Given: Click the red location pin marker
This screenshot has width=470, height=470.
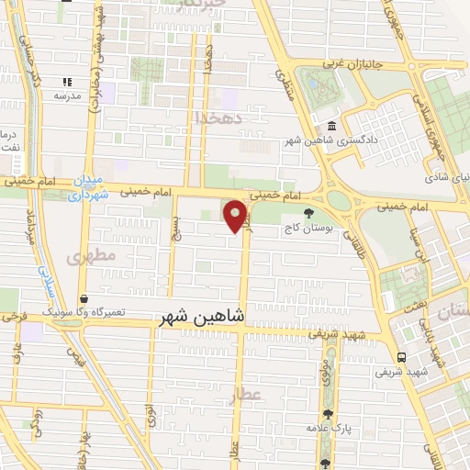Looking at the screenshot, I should click(x=236, y=216).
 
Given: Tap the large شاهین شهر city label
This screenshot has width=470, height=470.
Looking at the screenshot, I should click(x=202, y=317).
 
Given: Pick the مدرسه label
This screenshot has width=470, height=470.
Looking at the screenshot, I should click(x=69, y=95).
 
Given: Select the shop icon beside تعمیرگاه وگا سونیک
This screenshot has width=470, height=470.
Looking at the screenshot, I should click(x=84, y=299).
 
